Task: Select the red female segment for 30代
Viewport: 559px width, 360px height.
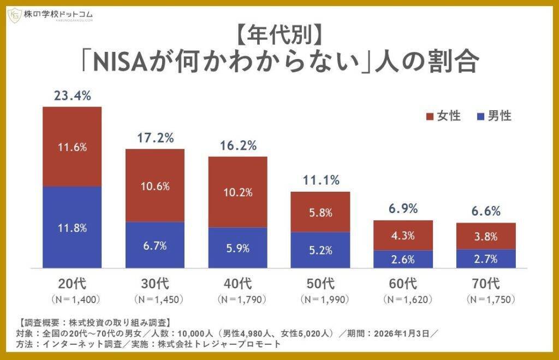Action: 155,185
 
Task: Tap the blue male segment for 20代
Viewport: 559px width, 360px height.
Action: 72,227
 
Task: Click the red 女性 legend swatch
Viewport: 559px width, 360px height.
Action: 429,116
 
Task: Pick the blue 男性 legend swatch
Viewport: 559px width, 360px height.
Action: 480,116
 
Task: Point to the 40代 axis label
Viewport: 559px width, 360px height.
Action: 238,284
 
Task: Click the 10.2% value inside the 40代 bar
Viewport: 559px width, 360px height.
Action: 238,192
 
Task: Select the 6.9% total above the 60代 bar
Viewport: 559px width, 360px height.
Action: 403,209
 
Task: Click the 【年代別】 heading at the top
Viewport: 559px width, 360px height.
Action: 279,35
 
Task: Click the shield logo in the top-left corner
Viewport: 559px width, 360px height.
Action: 15,15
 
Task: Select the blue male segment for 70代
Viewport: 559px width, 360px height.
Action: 486,258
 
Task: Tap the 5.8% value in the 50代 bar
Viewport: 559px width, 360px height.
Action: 320,213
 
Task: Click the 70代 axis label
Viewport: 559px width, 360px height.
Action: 486,284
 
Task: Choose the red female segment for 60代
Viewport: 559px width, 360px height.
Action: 403,235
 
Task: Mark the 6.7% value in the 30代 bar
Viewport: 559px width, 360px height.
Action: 155,246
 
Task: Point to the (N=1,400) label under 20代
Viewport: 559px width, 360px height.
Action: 72,299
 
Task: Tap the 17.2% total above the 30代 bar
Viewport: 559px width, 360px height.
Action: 155,138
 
